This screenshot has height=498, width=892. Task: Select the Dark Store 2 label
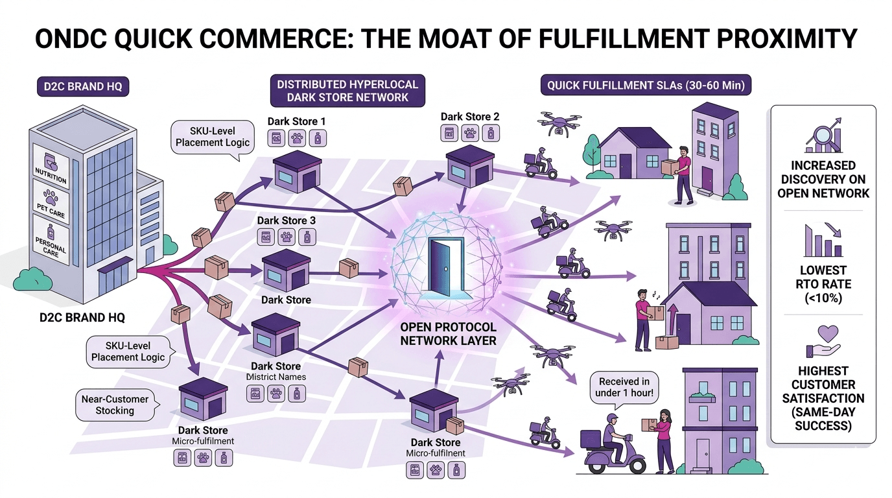tap(470, 117)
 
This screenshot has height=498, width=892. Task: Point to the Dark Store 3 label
tap(287, 220)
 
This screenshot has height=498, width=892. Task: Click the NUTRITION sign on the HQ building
tap(51, 167)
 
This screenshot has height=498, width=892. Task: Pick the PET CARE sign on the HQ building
tap(51, 202)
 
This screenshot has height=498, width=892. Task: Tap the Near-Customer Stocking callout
tap(115, 405)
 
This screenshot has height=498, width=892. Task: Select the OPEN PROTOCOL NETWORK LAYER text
tap(449, 333)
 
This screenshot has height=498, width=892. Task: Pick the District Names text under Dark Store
tap(276, 377)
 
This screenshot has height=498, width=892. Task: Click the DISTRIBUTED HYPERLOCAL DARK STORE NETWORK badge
tap(347, 91)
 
